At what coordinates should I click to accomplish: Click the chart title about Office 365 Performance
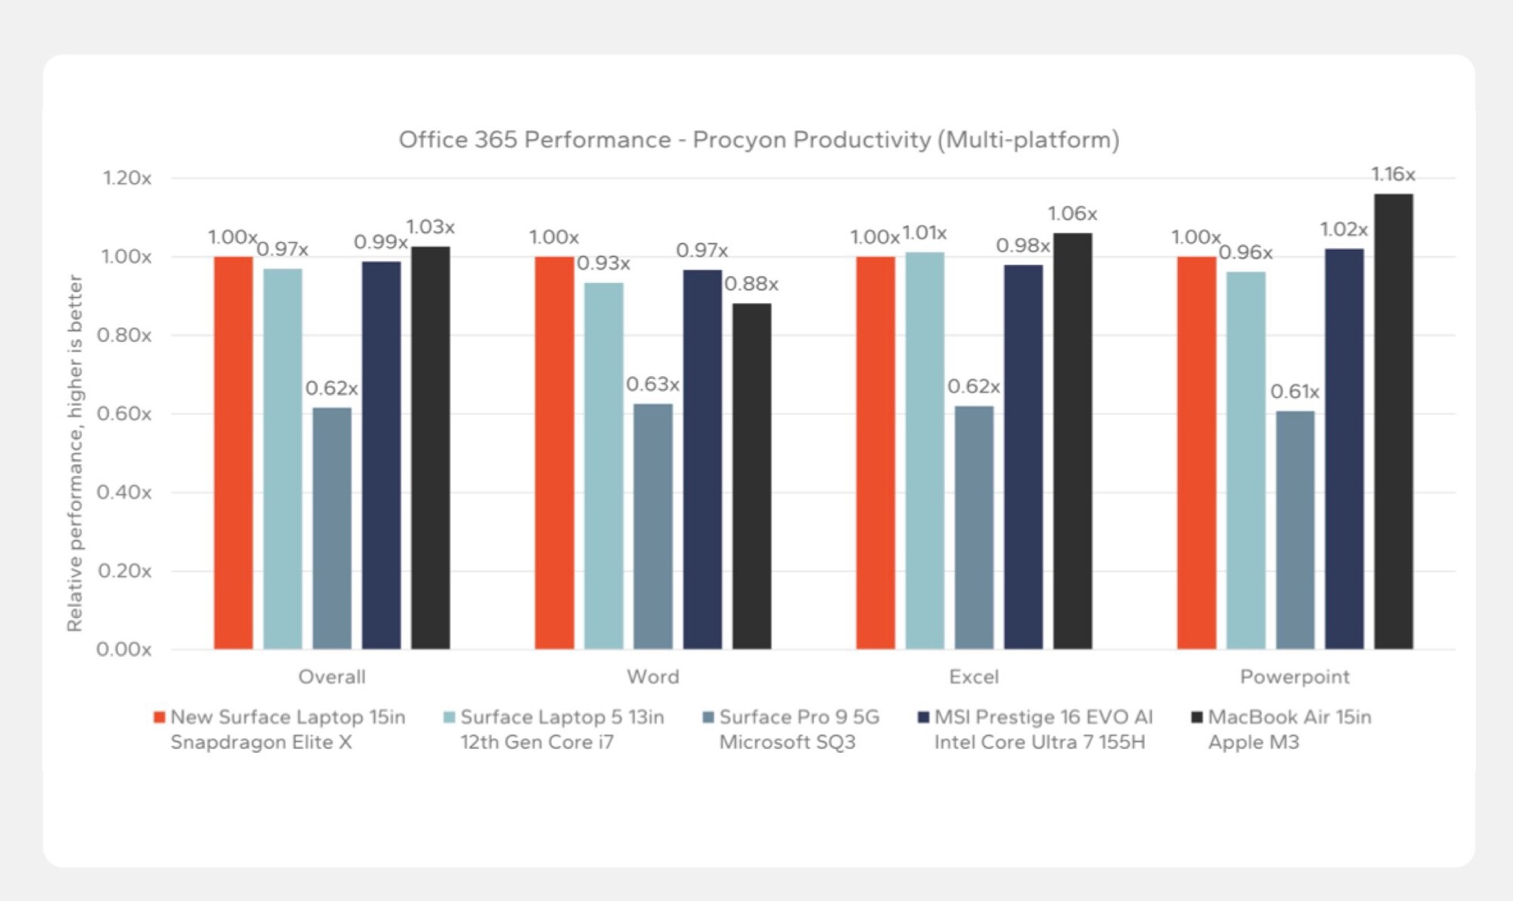tap(758, 140)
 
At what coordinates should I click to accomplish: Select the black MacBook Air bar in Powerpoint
tap(1393, 422)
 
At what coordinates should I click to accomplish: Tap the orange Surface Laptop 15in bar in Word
tap(554, 452)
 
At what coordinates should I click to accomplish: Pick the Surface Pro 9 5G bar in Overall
tap(332, 528)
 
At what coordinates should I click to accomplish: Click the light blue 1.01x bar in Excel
tap(924, 451)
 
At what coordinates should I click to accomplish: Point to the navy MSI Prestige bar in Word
tap(702, 460)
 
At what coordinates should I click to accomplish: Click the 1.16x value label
tap(1392, 174)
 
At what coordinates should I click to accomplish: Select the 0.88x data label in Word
tap(751, 284)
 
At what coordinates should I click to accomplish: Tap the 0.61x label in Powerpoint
tap(1294, 392)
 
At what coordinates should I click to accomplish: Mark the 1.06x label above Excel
tap(1072, 214)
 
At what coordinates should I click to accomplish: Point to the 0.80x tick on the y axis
tap(125, 336)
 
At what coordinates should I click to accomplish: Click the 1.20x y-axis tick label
tap(127, 178)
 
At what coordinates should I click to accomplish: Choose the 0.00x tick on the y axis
tap(125, 650)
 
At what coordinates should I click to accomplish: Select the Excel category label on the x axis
tap(973, 676)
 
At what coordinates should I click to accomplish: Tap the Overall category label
tap(332, 676)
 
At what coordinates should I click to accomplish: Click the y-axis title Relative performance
tap(75, 452)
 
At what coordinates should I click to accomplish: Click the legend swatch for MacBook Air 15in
tap(1197, 717)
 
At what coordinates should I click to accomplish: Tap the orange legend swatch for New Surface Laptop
tap(159, 717)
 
